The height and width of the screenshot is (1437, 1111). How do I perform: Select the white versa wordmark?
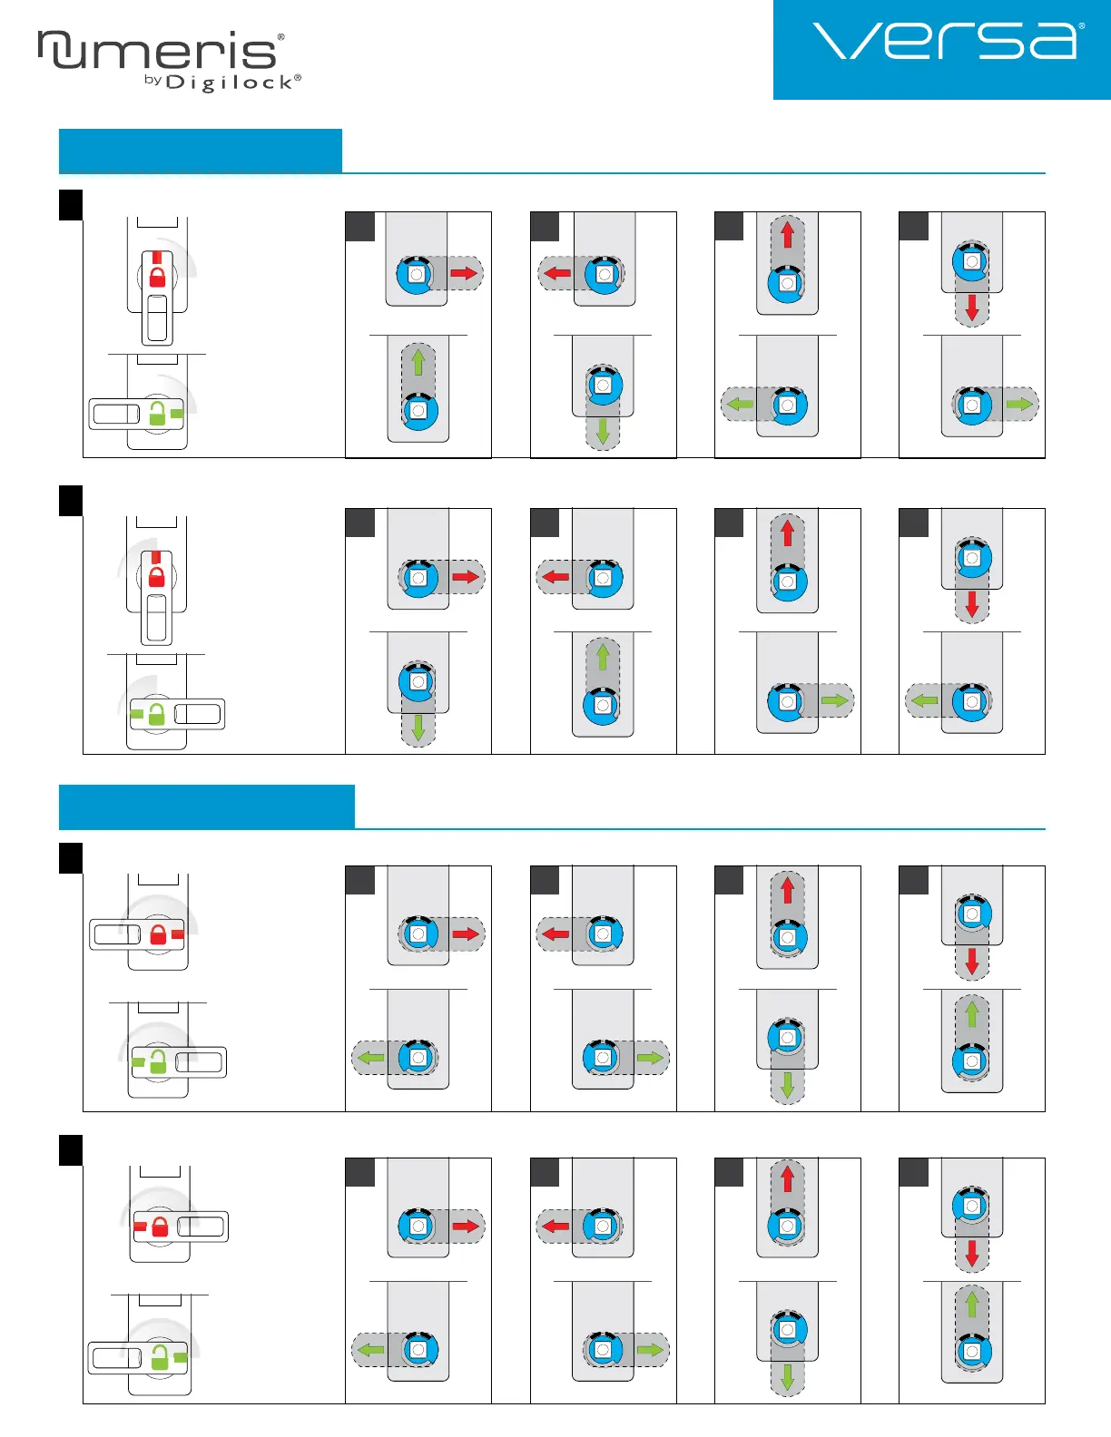tap(944, 42)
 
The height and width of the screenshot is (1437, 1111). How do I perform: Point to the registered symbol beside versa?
tap(1082, 26)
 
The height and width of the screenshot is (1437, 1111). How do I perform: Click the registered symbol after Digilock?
tap(298, 78)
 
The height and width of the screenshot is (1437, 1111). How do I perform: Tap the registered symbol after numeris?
tap(281, 37)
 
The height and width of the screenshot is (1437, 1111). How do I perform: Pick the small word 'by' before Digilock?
tap(152, 81)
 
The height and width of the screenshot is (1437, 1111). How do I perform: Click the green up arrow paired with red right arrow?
tap(418, 362)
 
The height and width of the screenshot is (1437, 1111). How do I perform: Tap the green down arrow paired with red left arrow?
tap(603, 432)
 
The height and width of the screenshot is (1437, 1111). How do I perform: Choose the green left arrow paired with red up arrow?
tap(741, 404)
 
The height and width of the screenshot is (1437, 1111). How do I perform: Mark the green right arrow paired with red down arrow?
tap(1019, 404)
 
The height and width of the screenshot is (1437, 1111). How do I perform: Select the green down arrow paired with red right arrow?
tap(418, 727)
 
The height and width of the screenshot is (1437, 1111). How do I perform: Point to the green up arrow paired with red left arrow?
tap(603, 655)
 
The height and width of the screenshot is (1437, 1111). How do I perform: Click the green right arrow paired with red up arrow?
tap(834, 700)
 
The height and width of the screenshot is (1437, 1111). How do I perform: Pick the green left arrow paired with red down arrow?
tap(924, 700)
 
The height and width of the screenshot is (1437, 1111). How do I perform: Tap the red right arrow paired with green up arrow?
tap(464, 273)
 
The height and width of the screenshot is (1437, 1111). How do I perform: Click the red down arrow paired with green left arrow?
tap(972, 603)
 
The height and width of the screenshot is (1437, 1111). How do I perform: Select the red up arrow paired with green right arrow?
tap(787, 532)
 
